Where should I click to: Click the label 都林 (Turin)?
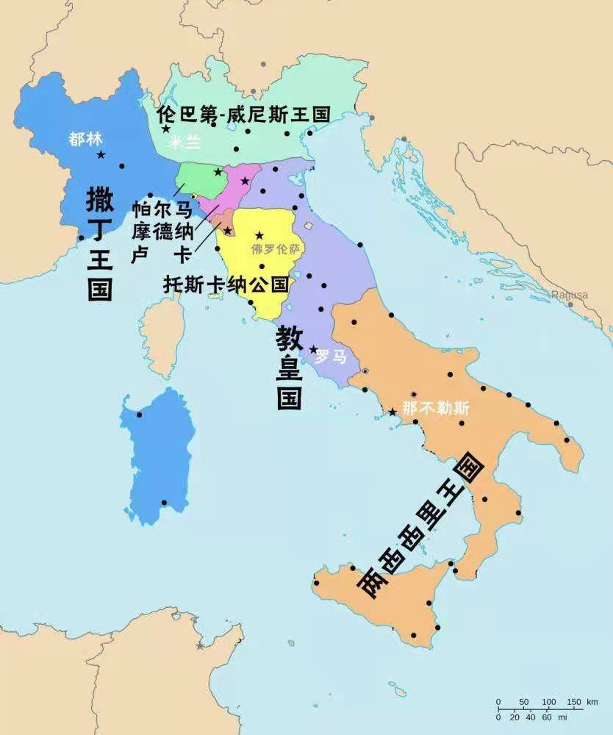[x=86, y=138]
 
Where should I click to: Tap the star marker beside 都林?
[x=101, y=154]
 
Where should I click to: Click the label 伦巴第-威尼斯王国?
[x=243, y=114]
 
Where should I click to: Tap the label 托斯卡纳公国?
[x=226, y=284]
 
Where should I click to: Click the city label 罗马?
[x=331, y=358]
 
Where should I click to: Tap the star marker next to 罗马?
[x=314, y=349]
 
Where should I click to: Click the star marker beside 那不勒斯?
[x=393, y=412]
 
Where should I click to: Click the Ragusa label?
[x=570, y=295]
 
